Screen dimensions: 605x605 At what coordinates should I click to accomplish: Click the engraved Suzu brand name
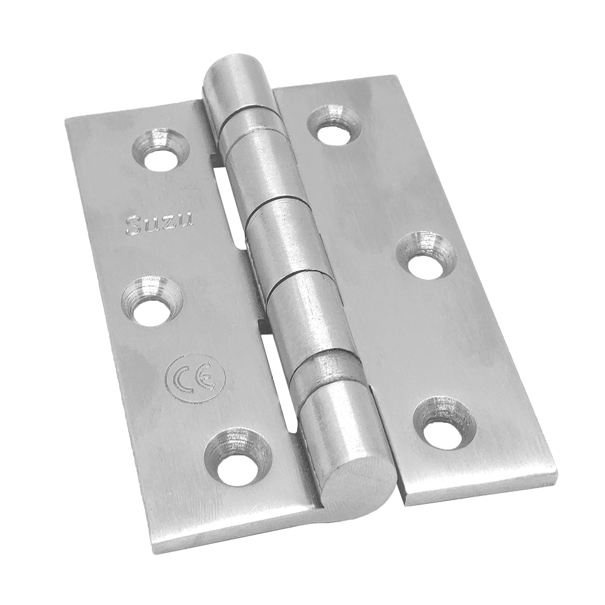[159, 224]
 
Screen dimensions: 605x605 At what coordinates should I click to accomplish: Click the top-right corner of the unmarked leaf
[394, 77]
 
